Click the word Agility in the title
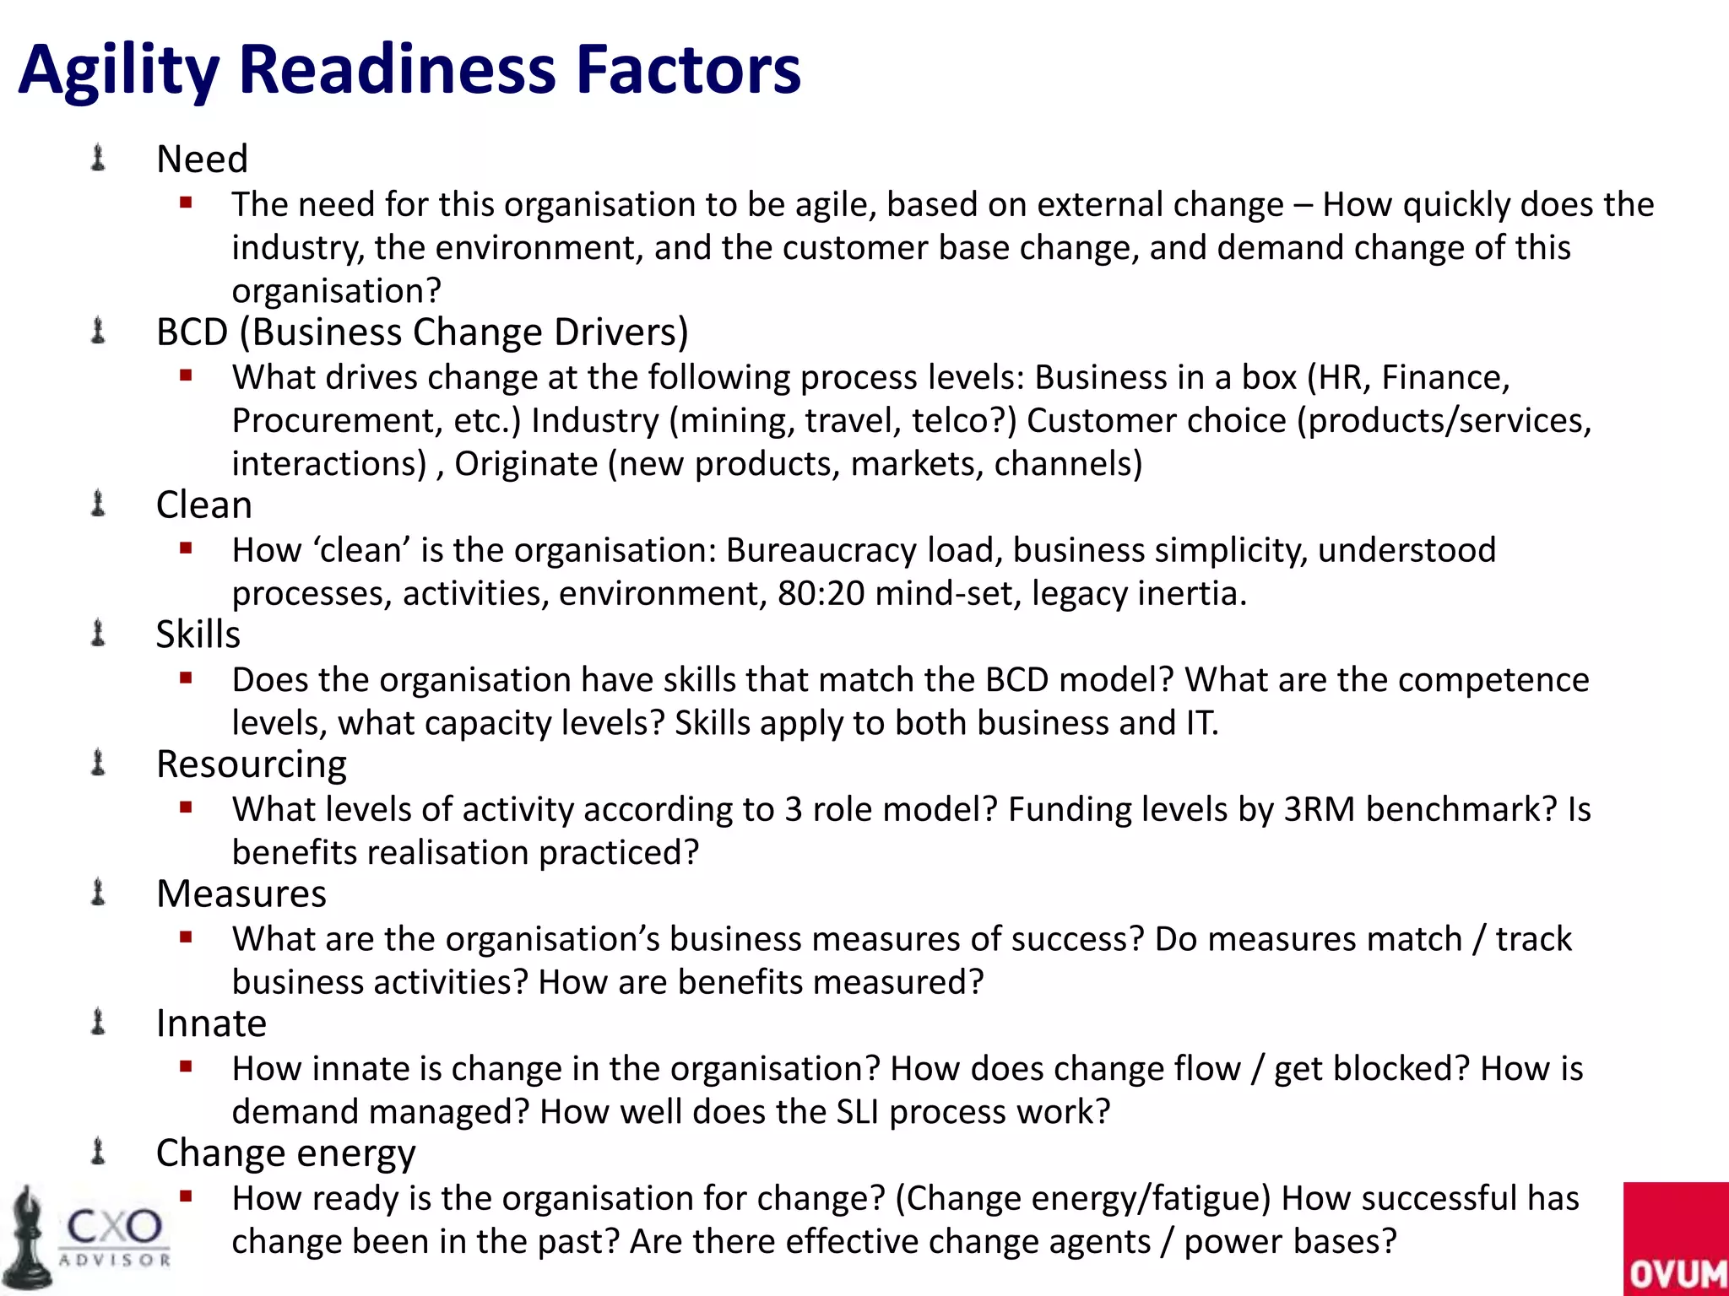tap(119, 69)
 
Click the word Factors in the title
tap(688, 69)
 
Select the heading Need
tap(203, 159)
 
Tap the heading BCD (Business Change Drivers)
tap(422, 332)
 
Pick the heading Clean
tap(204, 505)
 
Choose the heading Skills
tap(198, 634)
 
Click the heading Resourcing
tap(252, 764)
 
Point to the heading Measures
tap(241, 894)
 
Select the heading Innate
tap(212, 1023)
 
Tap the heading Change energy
tap(286, 1153)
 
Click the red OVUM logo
tap(1676, 1239)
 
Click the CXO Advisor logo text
tap(115, 1235)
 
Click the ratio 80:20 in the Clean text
tap(821, 594)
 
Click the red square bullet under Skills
tap(187, 678)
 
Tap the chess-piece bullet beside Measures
tap(98, 893)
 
